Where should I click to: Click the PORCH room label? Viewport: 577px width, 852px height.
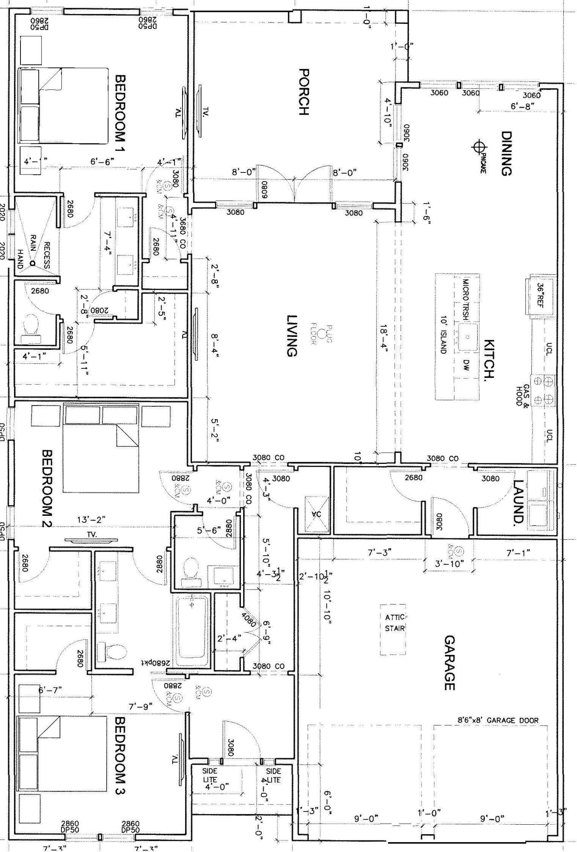[x=303, y=92]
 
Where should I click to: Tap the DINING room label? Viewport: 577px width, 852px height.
[x=506, y=153]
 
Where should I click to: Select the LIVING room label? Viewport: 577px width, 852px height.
[x=291, y=336]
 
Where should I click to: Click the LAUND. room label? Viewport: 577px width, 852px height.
[x=518, y=501]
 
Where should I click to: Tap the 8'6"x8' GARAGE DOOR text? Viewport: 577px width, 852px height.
[x=498, y=720]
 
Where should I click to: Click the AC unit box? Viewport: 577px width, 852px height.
[x=317, y=514]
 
